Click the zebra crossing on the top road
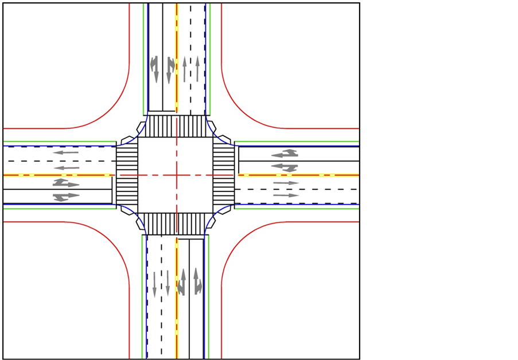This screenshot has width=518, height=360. (177, 126)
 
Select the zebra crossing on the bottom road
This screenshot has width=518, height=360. (177, 224)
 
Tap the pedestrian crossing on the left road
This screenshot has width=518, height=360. (127, 175)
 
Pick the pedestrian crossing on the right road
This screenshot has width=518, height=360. (224, 175)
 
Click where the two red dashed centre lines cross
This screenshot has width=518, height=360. (177, 175)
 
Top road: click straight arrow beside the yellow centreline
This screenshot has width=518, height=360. (184, 69)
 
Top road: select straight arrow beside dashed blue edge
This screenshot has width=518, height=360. (197, 69)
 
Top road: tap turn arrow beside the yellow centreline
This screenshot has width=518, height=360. (169, 69)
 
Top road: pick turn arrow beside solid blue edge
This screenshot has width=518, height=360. (154, 69)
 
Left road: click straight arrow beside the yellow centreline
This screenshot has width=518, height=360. (67, 168)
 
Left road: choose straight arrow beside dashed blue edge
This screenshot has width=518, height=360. (65, 153)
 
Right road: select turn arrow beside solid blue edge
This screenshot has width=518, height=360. (285, 154)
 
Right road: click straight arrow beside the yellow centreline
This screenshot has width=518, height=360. (286, 183)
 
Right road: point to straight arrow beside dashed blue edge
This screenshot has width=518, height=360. (286, 195)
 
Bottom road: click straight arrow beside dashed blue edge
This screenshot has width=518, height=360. (154, 284)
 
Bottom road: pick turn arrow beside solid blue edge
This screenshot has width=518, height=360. (197, 281)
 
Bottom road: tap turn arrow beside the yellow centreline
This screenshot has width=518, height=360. (182, 281)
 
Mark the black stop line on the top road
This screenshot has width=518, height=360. (162, 111)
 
